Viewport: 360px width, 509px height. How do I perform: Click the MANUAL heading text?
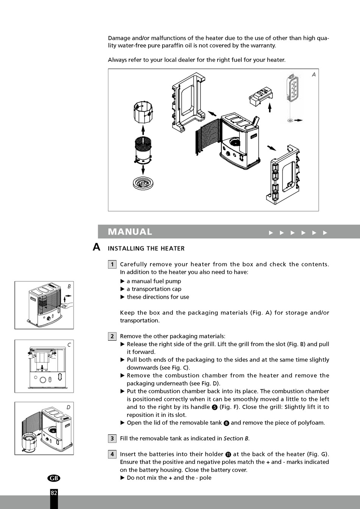click(130, 232)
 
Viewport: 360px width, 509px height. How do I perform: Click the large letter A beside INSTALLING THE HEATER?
click(97, 247)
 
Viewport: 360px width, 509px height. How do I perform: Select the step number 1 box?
click(112, 264)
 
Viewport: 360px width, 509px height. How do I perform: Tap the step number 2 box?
click(112, 336)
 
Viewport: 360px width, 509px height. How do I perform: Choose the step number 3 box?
click(112, 439)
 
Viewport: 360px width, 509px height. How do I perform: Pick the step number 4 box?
click(112, 454)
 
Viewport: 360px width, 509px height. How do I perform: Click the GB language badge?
click(54, 478)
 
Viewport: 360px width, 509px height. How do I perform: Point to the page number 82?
click(54, 493)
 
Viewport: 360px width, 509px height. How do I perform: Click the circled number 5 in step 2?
click(214, 407)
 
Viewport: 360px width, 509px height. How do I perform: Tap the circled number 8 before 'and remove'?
click(226, 423)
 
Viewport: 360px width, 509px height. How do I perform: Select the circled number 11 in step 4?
click(228, 454)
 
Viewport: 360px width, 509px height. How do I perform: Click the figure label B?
click(69, 287)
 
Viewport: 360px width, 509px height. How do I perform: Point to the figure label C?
click(69, 345)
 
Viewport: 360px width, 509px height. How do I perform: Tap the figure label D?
click(69, 407)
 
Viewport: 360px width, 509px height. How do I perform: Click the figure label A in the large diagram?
click(314, 75)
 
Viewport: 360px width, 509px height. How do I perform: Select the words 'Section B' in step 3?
click(236, 439)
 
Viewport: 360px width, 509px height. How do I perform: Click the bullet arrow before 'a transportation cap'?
click(122, 289)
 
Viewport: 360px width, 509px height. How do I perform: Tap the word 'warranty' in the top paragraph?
click(263, 45)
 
